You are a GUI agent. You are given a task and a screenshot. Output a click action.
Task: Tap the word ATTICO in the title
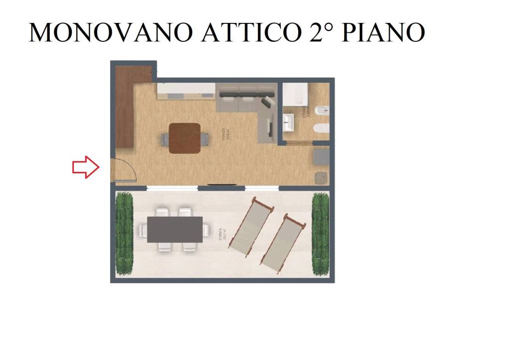(250, 32)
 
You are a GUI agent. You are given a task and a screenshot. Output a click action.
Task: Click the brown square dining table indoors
(185, 138)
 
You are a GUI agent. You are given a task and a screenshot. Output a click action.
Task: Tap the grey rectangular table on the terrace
(175, 230)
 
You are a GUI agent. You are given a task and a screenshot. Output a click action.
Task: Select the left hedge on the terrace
(125, 233)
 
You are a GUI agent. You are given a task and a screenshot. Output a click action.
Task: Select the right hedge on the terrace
(321, 234)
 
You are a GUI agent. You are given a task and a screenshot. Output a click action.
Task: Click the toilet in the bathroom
(321, 128)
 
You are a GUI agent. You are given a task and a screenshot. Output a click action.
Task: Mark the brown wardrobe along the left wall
(126, 112)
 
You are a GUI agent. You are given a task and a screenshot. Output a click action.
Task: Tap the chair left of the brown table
(164, 139)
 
